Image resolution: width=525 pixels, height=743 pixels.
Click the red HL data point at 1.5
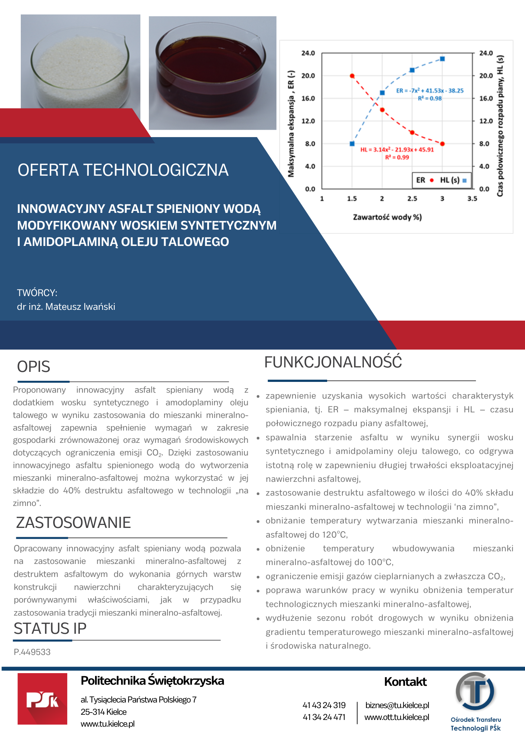(352, 76)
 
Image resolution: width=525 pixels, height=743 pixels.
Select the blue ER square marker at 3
(442, 59)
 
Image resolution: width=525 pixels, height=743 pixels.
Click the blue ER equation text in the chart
(430, 91)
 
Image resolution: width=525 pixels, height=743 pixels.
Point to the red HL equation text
(397, 150)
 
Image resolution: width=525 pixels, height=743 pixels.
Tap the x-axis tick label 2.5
(412, 199)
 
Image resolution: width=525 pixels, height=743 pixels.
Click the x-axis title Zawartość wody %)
(387, 217)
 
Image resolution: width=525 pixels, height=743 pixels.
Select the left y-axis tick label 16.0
(308, 98)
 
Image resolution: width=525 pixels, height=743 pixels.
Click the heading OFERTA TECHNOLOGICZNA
(123, 170)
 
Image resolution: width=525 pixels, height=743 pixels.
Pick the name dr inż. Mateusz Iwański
(66, 306)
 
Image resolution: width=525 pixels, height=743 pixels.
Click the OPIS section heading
(34, 367)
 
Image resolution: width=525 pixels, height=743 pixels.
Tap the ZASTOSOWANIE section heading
(74, 523)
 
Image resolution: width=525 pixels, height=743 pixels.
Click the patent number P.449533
(32, 652)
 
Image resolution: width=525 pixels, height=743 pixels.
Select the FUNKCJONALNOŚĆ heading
(333, 362)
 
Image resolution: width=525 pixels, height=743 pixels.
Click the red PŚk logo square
(42, 699)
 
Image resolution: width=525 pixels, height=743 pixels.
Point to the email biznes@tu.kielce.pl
(397, 705)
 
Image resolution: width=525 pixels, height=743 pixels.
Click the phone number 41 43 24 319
(324, 705)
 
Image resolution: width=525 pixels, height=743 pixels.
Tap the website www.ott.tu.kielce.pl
(397, 717)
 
